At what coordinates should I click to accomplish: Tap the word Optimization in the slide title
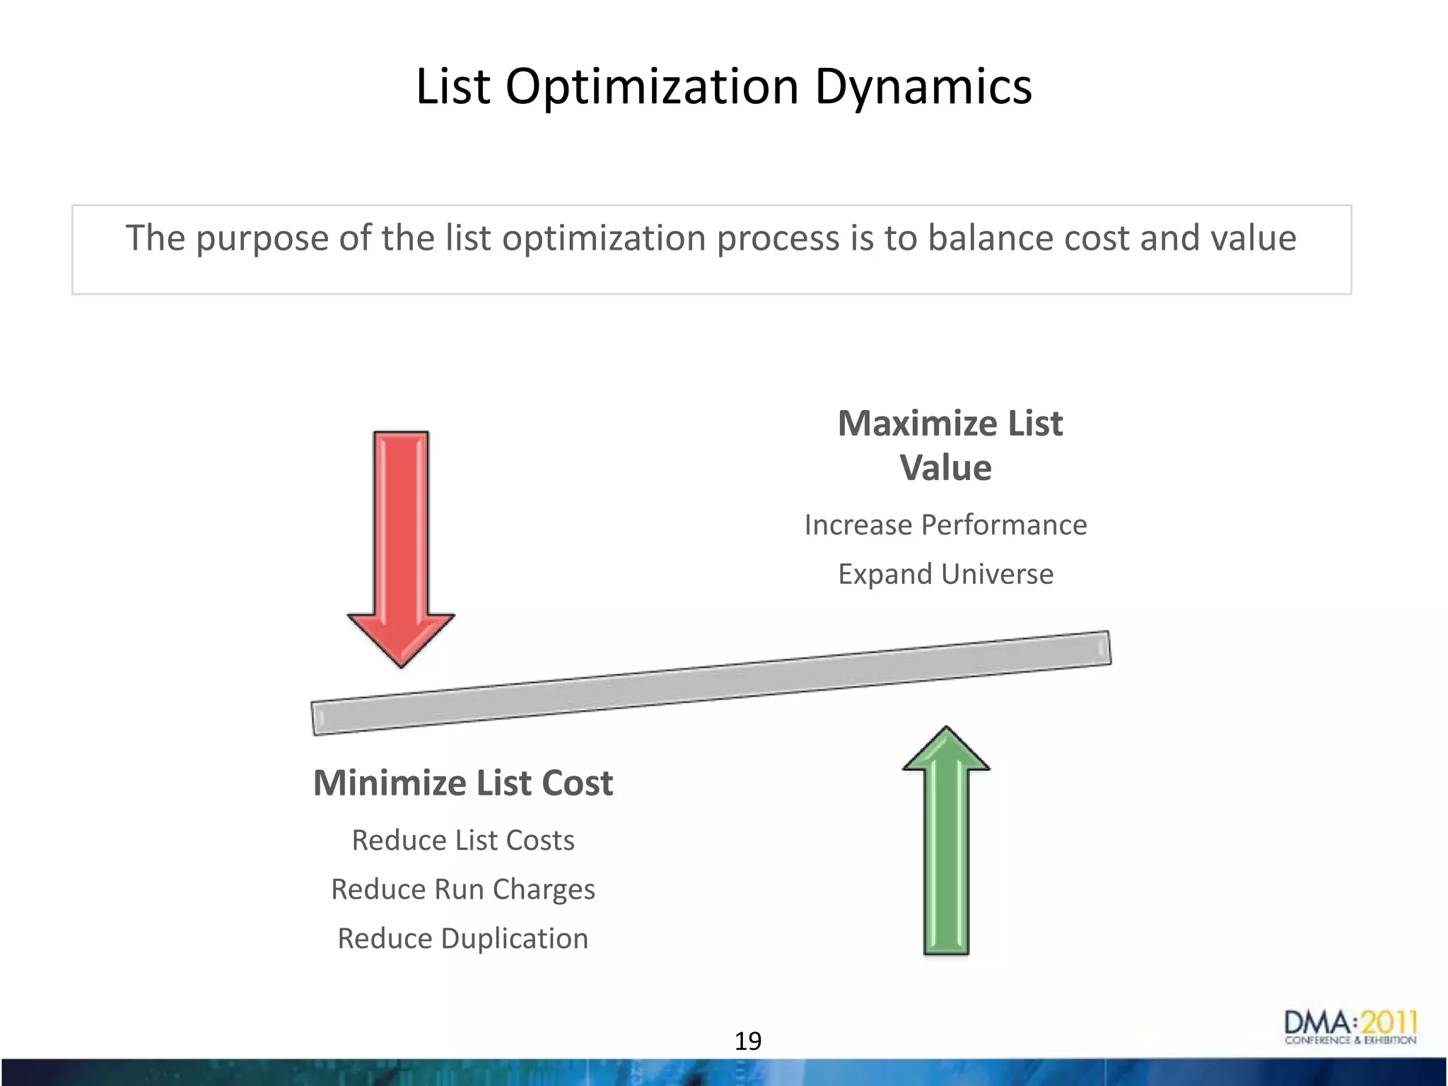tap(651, 88)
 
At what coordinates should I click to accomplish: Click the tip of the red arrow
tap(401, 661)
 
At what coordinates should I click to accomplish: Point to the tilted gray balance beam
tap(711, 683)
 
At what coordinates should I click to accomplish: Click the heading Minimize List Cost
tap(463, 783)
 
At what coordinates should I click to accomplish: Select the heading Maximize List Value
tap(949, 445)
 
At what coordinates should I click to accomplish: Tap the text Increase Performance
tap(945, 525)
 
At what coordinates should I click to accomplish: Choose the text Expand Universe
tap(945, 574)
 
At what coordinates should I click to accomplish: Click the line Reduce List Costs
tap(463, 841)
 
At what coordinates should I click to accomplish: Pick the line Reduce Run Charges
tap(463, 889)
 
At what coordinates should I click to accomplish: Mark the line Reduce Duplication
tap(463, 939)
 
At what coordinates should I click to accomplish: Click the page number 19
tap(748, 1041)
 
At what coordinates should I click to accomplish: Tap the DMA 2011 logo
tap(1350, 1027)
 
